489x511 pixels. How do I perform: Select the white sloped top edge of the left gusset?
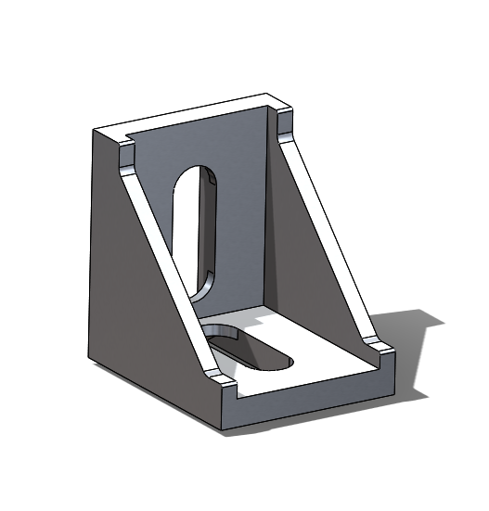[x=167, y=260]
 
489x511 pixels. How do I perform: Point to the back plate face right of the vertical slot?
[x=246, y=213]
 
